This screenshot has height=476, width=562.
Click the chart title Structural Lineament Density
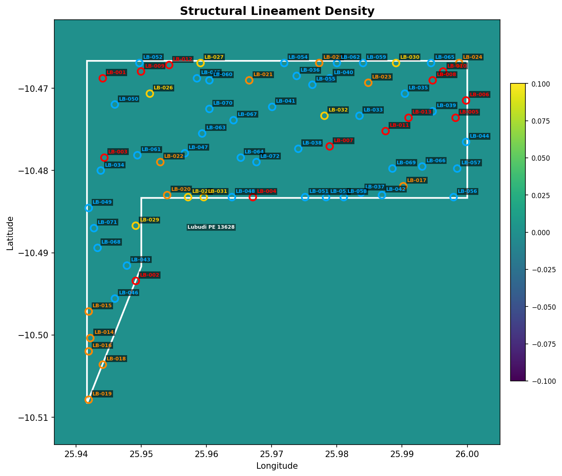click(x=277, y=11)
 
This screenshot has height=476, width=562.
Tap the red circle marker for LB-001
click(x=103, y=78)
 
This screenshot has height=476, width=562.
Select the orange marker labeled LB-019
click(x=89, y=399)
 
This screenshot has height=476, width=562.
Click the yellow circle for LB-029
click(x=136, y=226)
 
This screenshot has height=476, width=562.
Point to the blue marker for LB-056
click(x=453, y=197)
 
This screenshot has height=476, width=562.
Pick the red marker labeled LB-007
click(x=329, y=146)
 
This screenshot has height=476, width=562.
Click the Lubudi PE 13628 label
click(x=211, y=227)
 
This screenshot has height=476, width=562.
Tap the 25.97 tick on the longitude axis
click(x=272, y=455)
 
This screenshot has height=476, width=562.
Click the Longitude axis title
click(x=277, y=466)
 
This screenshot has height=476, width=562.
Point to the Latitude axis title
click(x=10, y=233)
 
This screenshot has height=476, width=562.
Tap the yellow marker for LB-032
click(x=324, y=116)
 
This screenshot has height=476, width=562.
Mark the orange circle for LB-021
click(x=249, y=80)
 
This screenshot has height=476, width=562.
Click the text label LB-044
click(x=479, y=136)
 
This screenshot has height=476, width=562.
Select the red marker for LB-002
click(x=136, y=281)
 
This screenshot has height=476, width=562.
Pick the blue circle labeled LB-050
click(x=115, y=104)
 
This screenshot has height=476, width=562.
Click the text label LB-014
click(x=104, y=332)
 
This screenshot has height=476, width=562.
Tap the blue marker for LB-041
click(x=272, y=107)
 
